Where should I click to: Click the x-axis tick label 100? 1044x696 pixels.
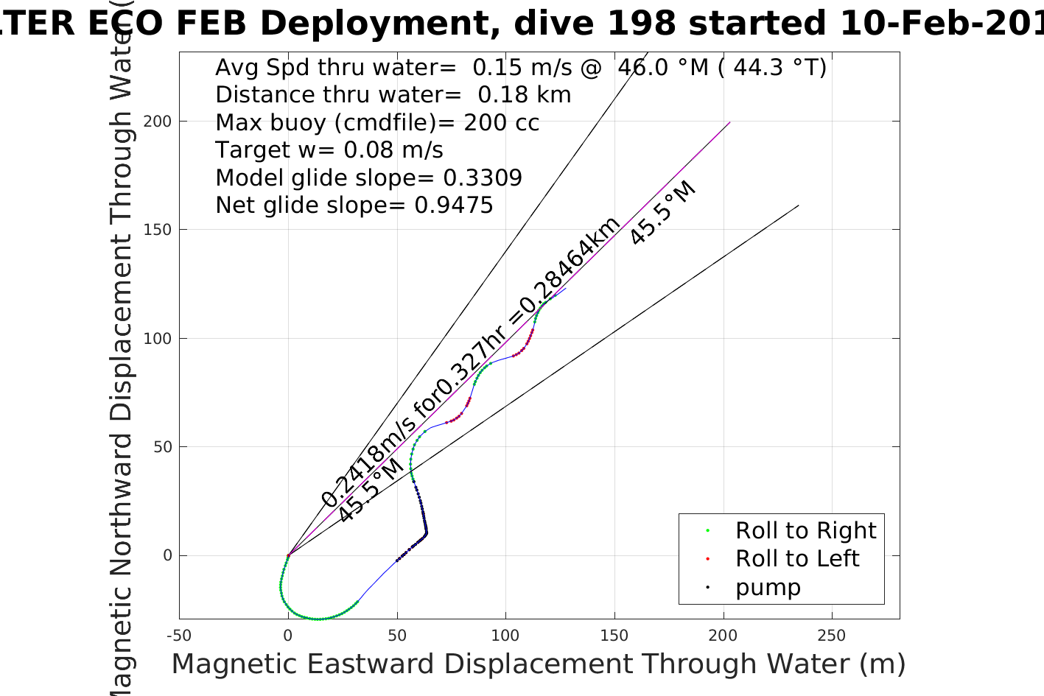click(x=505, y=636)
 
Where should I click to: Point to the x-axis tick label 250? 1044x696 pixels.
click(x=832, y=636)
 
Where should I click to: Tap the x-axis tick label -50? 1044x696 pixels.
click(x=179, y=636)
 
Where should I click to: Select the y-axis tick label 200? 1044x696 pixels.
click(x=158, y=121)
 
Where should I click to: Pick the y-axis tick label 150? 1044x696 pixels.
click(x=158, y=230)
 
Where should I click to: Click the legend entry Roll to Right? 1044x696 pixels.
click(x=805, y=530)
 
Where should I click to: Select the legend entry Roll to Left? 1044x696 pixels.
click(x=797, y=558)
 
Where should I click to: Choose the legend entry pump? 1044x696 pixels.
click(x=768, y=587)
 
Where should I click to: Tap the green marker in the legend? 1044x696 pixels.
click(x=707, y=530)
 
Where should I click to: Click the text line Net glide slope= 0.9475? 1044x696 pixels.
click(x=354, y=205)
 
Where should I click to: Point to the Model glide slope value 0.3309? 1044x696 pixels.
click(x=483, y=178)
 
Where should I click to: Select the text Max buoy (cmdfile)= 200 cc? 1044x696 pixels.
click(x=377, y=123)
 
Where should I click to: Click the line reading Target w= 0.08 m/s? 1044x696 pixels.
click(x=329, y=150)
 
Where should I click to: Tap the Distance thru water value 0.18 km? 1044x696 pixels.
click(x=525, y=95)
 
